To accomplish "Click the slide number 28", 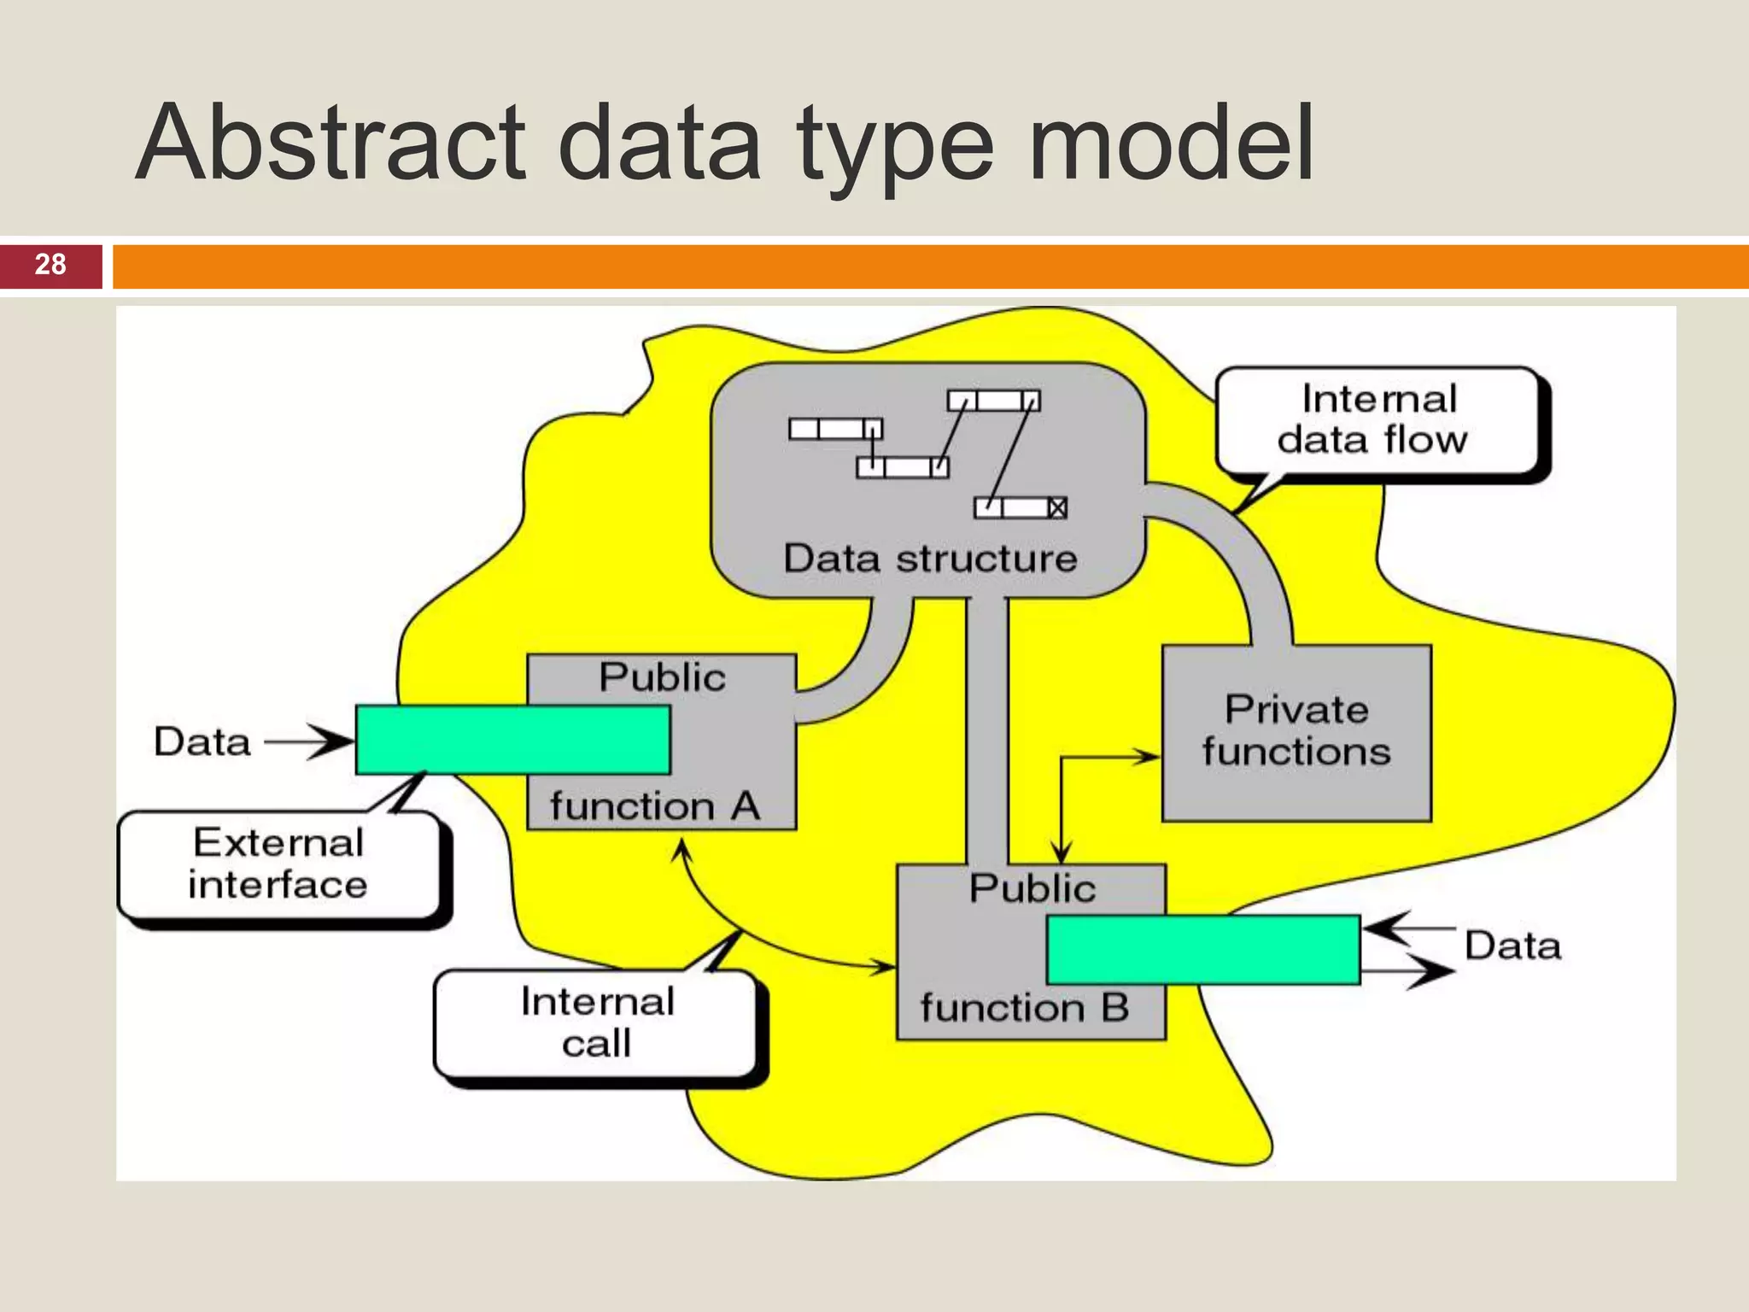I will pyautogui.click(x=50, y=265).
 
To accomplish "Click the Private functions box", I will pyautogui.click(x=1296, y=732).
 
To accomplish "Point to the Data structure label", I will pyautogui.click(x=930, y=559).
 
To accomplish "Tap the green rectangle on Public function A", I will pyautogui.click(x=512, y=740).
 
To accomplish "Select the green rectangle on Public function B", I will pyautogui.click(x=1202, y=949).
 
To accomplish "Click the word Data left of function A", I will pyautogui.click(x=202, y=741).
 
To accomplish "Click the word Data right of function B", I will pyautogui.click(x=1512, y=946).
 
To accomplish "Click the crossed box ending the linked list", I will pyautogui.click(x=1057, y=508).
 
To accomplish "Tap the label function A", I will pyautogui.click(x=654, y=806).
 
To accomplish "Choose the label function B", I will pyautogui.click(x=1024, y=1008).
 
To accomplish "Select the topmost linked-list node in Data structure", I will pyautogui.click(x=993, y=401).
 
